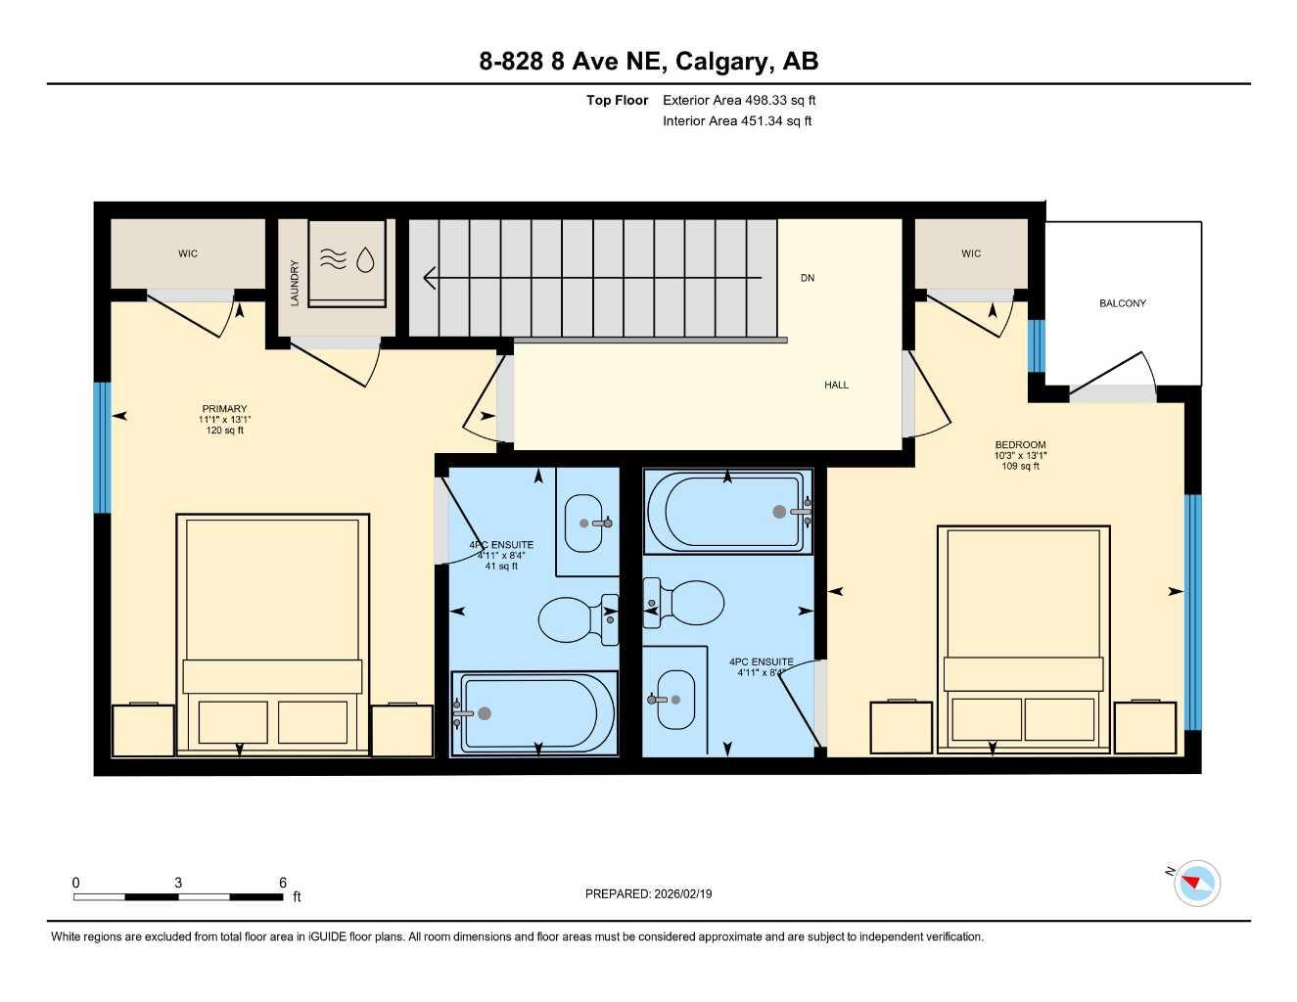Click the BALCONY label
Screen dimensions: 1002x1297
pos(1122,303)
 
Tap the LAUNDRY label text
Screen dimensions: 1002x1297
pos(295,283)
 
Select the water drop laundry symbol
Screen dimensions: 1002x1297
pos(365,259)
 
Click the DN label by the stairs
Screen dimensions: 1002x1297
pos(808,278)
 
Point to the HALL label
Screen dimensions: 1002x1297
pos(836,386)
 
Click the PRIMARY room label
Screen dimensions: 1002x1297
pos(224,409)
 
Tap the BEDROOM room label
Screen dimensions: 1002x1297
pos(1020,445)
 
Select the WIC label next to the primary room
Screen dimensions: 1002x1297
pos(188,253)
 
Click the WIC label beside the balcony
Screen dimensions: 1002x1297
pos(971,253)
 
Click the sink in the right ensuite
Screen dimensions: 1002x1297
pos(674,699)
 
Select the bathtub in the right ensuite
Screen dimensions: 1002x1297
pos(727,512)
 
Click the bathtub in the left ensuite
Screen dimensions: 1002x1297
pos(533,713)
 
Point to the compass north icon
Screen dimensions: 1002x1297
pos(1195,884)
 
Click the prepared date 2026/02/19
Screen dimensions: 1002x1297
pos(648,894)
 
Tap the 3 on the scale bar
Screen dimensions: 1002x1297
pos(178,883)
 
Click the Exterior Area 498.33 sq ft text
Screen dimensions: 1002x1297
pos(739,100)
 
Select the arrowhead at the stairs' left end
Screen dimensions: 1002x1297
pos(429,279)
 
